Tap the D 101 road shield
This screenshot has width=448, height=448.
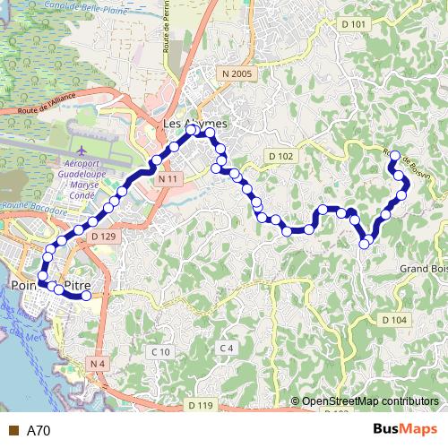coord(354,23)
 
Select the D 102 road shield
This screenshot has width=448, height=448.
coord(280,156)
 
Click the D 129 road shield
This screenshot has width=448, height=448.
coord(103,237)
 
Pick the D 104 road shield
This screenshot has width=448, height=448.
coord(393,320)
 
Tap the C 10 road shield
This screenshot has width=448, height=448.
coord(160,352)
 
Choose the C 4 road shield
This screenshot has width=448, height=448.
coord(226,348)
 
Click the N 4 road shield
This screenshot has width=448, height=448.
coord(97,364)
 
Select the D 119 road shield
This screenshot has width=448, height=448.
coord(201,406)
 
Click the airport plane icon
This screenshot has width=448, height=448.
coord(83,151)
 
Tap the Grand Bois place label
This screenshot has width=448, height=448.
coord(422,268)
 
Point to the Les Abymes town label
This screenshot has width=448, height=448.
coord(195,123)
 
